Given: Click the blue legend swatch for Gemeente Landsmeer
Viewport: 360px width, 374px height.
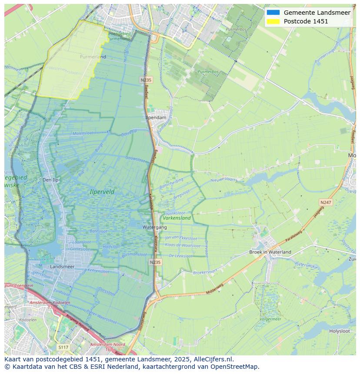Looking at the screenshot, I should click(273, 13).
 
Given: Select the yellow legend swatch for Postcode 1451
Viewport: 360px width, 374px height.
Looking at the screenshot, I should click(273, 21).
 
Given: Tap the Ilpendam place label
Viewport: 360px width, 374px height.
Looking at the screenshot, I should click(156, 117).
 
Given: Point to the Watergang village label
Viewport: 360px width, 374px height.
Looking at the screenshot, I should click(154, 227).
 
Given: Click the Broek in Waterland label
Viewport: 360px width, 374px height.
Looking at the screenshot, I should click(270, 252).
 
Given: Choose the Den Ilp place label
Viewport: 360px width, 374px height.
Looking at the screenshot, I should click(50, 180).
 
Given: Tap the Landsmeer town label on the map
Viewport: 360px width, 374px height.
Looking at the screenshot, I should click(62, 267).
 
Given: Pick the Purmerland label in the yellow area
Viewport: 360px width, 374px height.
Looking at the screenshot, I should click(93, 57).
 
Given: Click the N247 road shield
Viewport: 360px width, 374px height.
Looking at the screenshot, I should click(325, 202).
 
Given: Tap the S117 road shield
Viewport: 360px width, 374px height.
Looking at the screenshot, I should click(63, 347).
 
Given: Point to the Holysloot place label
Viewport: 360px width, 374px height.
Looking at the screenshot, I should click(339, 331).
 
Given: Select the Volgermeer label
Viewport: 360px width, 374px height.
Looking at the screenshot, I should click(270, 319).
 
